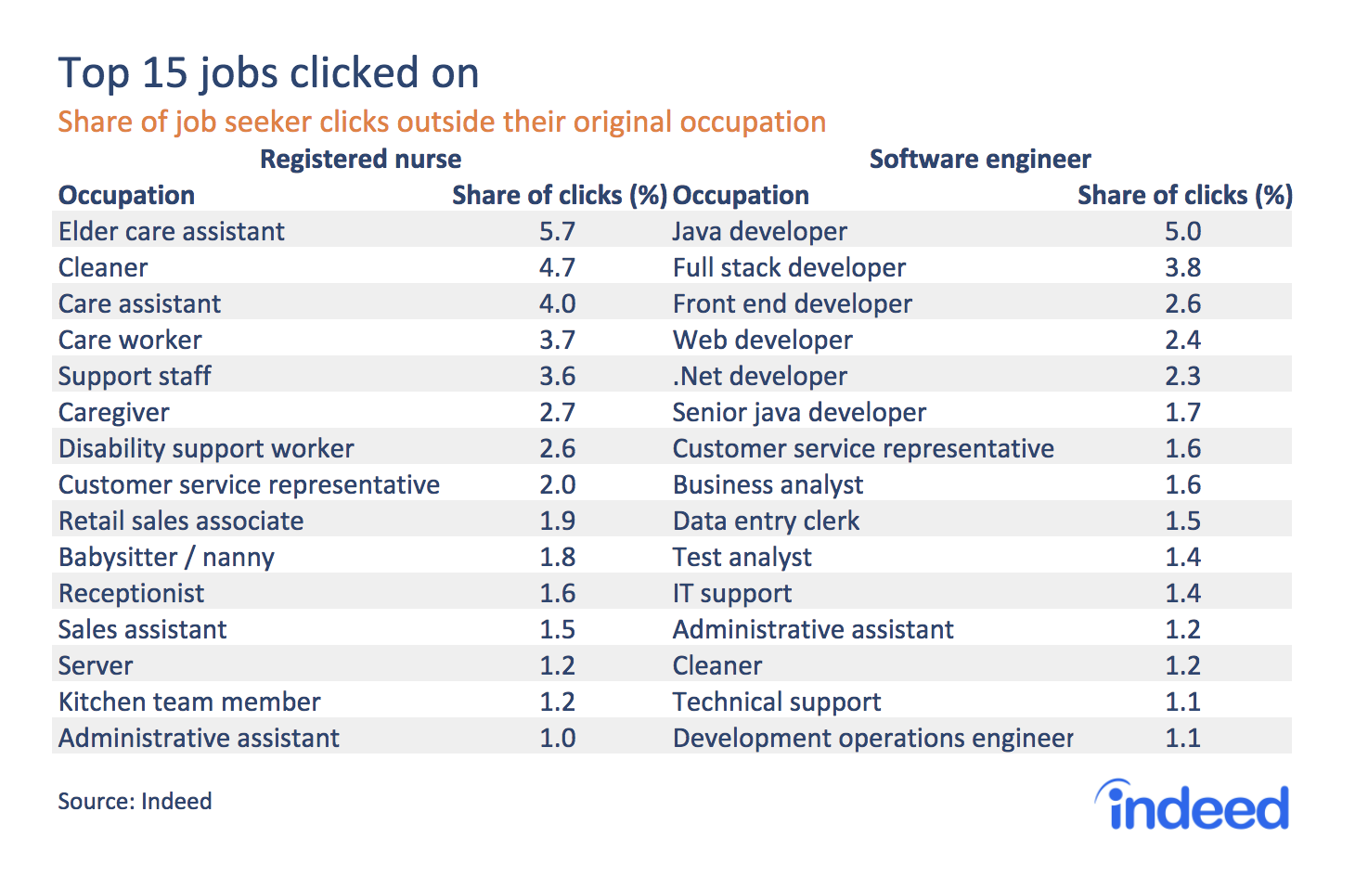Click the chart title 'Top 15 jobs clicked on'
click(x=268, y=73)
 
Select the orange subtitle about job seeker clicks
click(x=442, y=122)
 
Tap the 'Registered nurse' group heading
click(x=360, y=159)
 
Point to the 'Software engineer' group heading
click(x=980, y=159)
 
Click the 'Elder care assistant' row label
click(x=172, y=231)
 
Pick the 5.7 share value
click(x=557, y=231)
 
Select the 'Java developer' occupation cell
click(x=759, y=231)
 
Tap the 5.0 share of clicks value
click(x=1182, y=231)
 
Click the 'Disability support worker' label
click(x=206, y=448)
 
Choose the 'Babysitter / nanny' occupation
click(x=166, y=557)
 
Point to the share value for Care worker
click(x=557, y=340)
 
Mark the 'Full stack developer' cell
click(x=789, y=267)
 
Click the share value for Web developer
click(x=1182, y=340)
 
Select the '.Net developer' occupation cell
click(x=759, y=376)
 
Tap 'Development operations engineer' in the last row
click(x=872, y=738)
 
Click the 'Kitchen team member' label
click(x=189, y=702)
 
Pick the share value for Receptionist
click(x=557, y=593)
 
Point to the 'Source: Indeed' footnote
click(x=135, y=801)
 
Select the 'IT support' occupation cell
click(x=731, y=593)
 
